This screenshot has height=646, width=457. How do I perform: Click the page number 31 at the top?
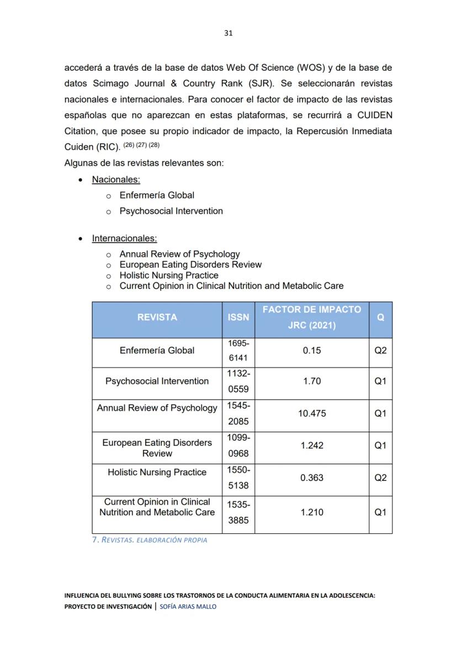point(228,33)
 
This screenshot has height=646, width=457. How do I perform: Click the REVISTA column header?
point(157,317)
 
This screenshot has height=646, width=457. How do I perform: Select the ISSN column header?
point(238,317)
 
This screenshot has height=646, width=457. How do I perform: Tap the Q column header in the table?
point(380,318)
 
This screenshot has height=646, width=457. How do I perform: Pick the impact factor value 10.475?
point(312,413)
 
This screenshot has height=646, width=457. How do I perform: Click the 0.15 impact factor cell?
point(312,351)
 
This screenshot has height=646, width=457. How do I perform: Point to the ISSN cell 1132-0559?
point(238,382)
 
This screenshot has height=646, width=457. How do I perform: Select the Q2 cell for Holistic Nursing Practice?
point(380,478)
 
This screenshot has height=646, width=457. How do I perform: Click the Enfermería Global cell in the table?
point(157,351)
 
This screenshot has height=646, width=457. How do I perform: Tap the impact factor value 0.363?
point(312,478)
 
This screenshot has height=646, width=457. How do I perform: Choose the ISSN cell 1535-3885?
point(238,512)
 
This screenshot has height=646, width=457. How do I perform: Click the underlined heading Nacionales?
point(116,179)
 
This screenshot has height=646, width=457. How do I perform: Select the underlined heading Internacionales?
point(124,239)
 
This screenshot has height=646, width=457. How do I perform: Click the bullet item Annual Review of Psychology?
point(179,254)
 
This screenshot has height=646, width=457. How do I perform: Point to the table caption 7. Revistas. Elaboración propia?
point(149,539)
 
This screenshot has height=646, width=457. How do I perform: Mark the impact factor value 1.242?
point(312,446)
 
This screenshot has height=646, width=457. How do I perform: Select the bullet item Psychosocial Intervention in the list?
point(171,211)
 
